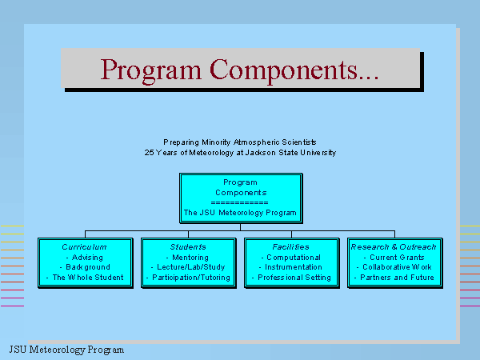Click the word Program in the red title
pyautogui.click(x=151, y=71)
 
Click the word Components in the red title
pyautogui.click(x=294, y=71)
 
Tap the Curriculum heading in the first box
pyautogui.click(x=84, y=246)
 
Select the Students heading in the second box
pyautogui.click(x=188, y=246)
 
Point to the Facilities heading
pyautogui.click(x=291, y=246)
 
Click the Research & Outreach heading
pyautogui.click(x=394, y=246)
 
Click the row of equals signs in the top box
pyautogui.click(x=240, y=202)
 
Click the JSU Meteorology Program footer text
pyautogui.click(x=66, y=350)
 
